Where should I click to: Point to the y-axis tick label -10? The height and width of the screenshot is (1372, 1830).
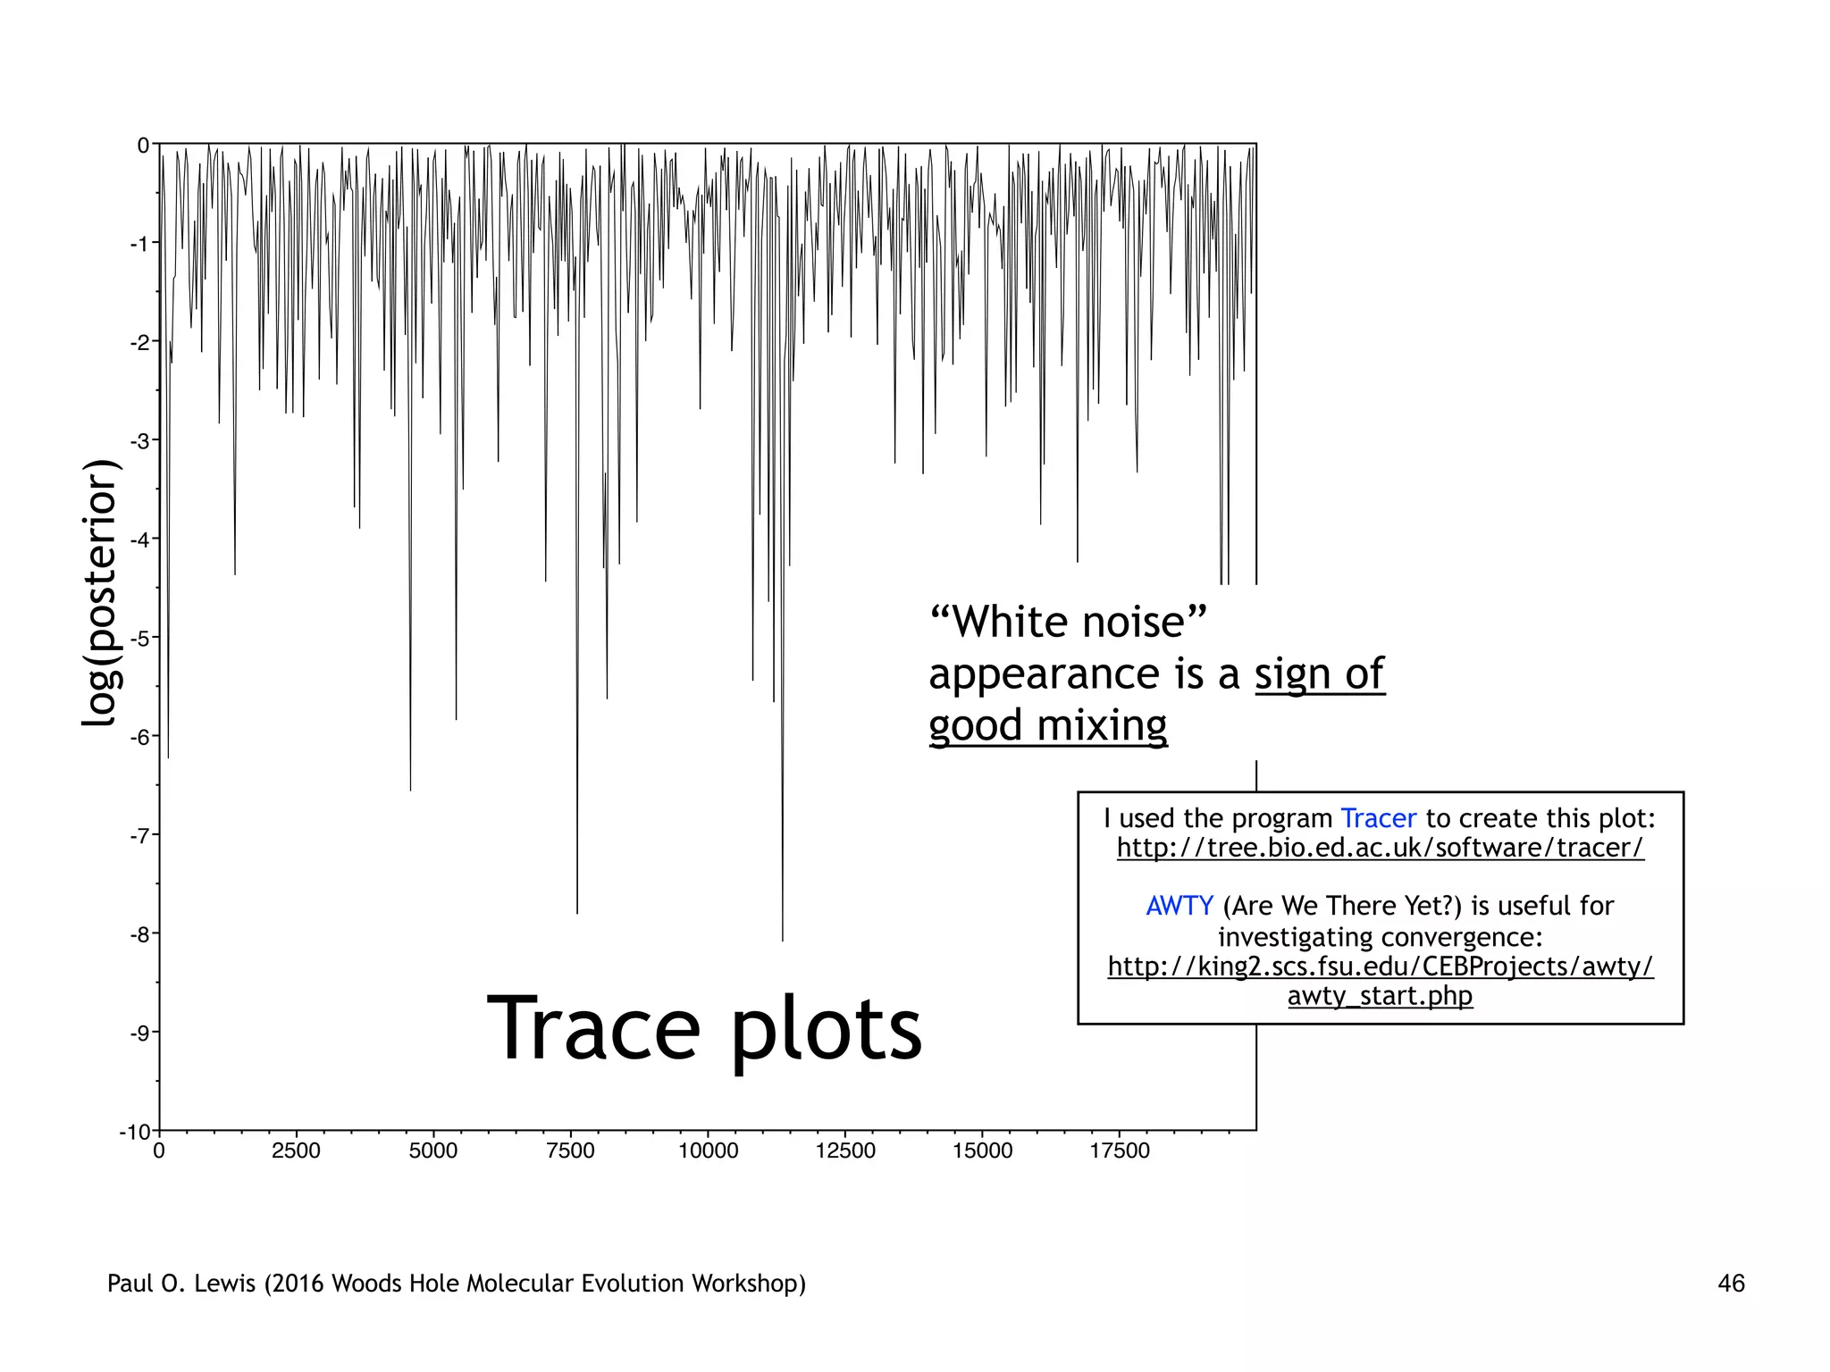coord(136,1132)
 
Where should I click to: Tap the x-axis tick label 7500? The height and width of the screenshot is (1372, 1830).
coord(570,1150)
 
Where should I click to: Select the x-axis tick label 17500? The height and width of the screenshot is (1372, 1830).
coord(1120,1150)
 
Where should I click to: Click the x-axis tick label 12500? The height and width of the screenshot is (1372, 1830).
coord(845,1150)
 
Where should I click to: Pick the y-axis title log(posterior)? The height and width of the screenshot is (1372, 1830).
coord(100,593)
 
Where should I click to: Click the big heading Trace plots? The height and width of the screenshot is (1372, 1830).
coord(704,1029)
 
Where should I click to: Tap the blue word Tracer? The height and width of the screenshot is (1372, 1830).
coord(1378,818)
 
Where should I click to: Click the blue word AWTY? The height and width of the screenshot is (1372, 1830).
coord(1179,906)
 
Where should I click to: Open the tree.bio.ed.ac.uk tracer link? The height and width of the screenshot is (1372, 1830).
coord(1380,848)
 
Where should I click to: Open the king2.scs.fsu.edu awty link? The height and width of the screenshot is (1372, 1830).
coord(1381,981)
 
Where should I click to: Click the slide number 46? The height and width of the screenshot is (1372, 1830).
coord(1731,1284)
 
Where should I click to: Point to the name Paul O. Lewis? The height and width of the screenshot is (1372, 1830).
coord(182,1284)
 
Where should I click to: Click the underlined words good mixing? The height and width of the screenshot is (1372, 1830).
coord(1047,725)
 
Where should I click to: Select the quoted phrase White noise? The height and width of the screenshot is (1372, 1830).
coord(1068,622)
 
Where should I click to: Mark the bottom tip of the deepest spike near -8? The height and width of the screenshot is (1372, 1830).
coord(783,941)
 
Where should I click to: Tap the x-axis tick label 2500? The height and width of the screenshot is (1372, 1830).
coord(296,1150)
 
